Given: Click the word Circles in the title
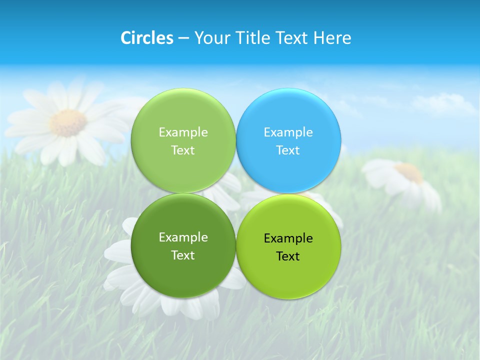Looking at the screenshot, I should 146,38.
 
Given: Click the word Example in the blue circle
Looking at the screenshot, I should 288,132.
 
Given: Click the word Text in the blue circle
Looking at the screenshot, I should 288,150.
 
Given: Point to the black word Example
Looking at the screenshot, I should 288,238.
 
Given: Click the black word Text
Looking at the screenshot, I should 288,256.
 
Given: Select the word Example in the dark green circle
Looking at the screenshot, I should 183,237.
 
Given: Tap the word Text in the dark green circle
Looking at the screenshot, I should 183,255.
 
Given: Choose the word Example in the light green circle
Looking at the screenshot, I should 183,132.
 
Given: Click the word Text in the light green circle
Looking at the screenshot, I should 183,150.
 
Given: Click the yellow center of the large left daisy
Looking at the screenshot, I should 68,122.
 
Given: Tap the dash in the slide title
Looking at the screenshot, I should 183,38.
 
